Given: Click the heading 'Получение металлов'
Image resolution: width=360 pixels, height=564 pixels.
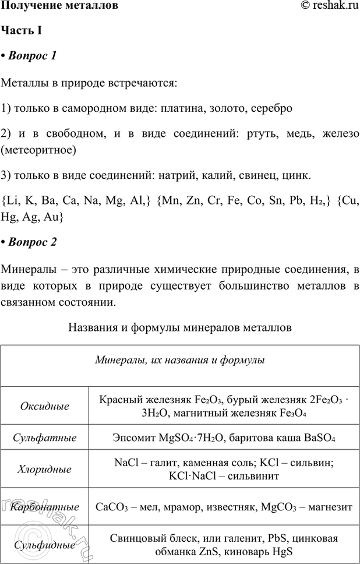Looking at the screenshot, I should [60, 7].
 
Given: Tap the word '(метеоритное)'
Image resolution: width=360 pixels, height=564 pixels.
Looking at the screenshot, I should [39, 150].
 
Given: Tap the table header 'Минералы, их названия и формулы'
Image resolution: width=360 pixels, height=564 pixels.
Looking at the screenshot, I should [180, 360].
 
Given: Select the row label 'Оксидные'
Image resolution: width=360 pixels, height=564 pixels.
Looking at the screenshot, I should [44, 406].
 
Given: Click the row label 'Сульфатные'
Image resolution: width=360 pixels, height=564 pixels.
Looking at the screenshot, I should [44, 437].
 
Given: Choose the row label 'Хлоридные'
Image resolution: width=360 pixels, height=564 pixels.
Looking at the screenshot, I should [44, 469].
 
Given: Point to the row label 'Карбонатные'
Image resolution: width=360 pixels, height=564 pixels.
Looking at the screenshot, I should [44, 507].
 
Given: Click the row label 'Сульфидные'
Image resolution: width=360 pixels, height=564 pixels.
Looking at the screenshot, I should [44, 545].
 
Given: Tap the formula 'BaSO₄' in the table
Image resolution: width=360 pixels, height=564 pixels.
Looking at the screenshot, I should [317, 437].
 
